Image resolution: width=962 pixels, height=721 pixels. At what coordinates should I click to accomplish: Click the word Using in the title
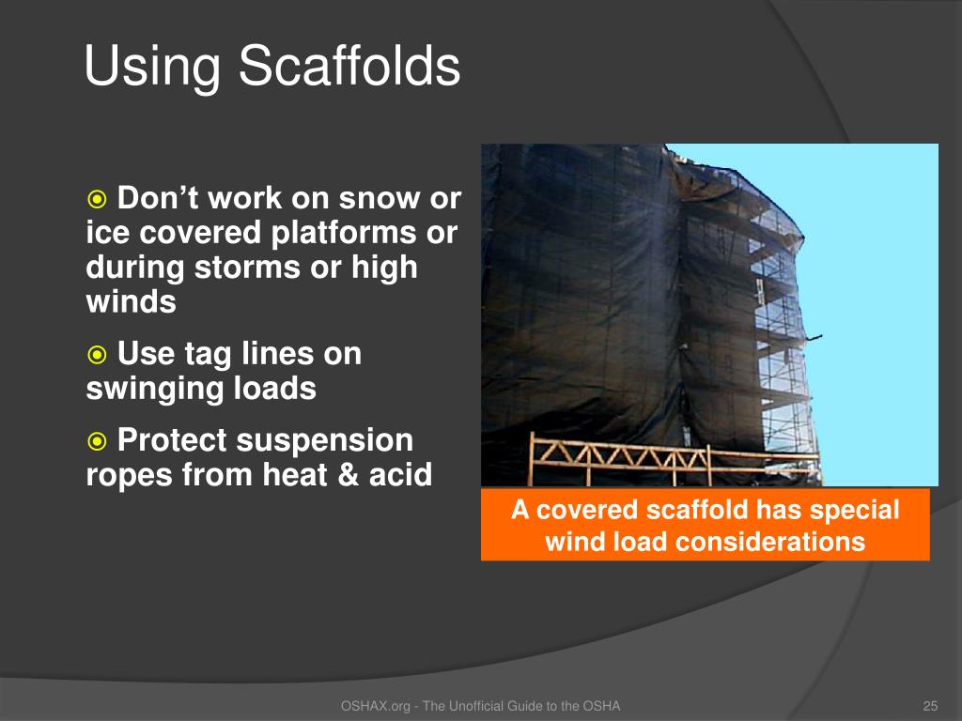(x=152, y=68)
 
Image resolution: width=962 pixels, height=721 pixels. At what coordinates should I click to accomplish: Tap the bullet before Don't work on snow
(x=97, y=199)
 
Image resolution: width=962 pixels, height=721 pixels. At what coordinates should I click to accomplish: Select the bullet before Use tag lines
(x=97, y=355)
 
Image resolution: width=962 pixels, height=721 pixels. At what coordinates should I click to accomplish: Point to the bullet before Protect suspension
(x=97, y=441)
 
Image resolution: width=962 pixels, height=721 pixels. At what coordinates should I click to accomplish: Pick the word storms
(x=248, y=268)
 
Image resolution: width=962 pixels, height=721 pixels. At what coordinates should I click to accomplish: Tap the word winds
(x=132, y=301)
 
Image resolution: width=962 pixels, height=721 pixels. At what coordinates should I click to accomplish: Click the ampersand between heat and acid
(x=349, y=474)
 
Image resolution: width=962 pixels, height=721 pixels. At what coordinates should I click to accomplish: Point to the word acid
(x=400, y=474)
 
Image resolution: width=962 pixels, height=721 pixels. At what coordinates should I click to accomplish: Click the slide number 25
(x=930, y=706)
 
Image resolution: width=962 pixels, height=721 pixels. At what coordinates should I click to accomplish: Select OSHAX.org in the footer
(x=376, y=706)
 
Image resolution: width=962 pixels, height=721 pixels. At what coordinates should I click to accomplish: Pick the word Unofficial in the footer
(x=476, y=706)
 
